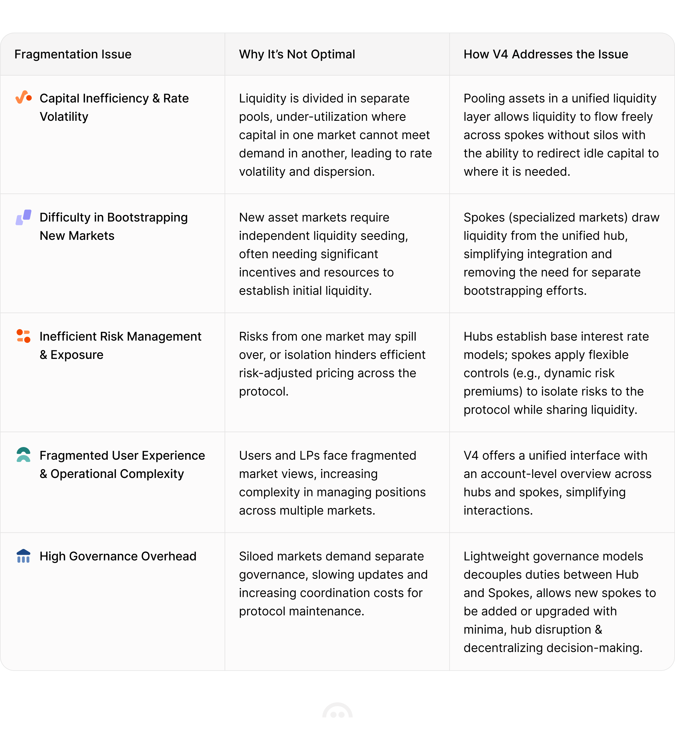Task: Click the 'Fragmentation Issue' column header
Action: click(x=73, y=54)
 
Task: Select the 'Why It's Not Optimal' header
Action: click(x=297, y=54)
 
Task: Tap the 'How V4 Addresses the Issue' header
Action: click(x=546, y=54)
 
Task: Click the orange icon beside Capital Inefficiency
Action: click(x=23, y=97)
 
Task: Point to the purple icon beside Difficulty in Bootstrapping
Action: click(x=23, y=217)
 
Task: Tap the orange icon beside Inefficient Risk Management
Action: click(x=23, y=336)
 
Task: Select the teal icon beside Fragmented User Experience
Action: click(x=23, y=455)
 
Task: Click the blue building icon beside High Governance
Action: click(x=23, y=556)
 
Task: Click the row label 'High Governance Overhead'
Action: click(x=118, y=556)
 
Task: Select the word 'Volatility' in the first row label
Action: click(x=64, y=117)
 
